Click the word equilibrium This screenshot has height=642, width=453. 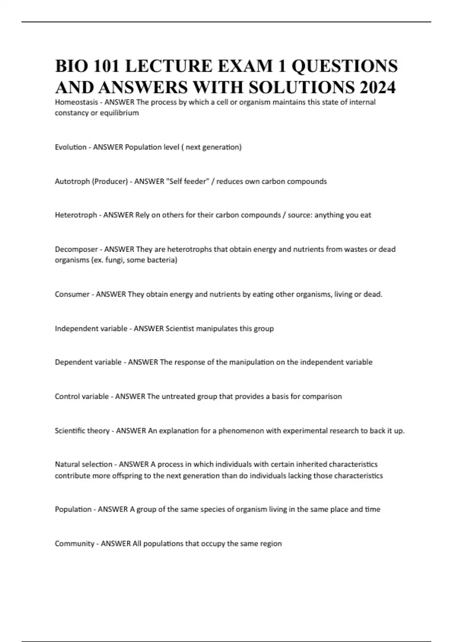tap(120, 113)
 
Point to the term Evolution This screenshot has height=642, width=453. tap(71, 147)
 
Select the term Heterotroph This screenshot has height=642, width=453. tap(76, 215)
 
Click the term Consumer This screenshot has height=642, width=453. tap(72, 294)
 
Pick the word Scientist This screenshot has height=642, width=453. tap(180, 329)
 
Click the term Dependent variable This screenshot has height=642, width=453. tap(88, 362)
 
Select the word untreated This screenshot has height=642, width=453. tap(176, 397)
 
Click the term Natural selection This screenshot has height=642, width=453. tap(83, 464)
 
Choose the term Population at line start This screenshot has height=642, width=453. tap(73, 509)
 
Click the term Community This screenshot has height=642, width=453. tap(74, 543)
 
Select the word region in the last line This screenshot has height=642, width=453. tap(271, 544)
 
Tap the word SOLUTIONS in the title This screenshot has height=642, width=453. tap(302, 87)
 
